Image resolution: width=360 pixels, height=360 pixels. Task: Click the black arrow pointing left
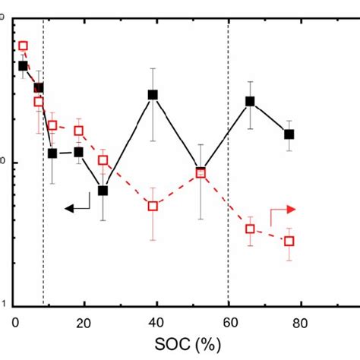pyautogui.click(x=77, y=205)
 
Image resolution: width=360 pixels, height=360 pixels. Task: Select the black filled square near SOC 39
pyautogui.click(x=153, y=95)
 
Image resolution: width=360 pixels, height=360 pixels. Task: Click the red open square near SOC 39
pyautogui.click(x=153, y=206)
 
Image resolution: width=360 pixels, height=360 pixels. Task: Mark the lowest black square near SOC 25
pyautogui.click(x=103, y=191)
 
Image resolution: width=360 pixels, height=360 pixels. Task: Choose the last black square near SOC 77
pyautogui.click(x=289, y=134)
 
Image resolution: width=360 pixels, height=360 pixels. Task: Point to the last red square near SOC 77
pyautogui.click(x=289, y=241)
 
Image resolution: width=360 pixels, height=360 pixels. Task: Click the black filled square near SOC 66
pyautogui.click(x=250, y=101)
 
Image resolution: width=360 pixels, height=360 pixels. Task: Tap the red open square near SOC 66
pyautogui.click(x=250, y=229)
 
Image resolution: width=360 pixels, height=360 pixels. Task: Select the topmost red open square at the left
pyautogui.click(x=23, y=46)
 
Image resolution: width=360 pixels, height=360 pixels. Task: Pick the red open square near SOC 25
pyautogui.click(x=103, y=160)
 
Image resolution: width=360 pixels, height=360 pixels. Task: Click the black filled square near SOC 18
pyautogui.click(x=78, y=152)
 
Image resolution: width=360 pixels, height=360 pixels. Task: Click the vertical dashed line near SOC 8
pyautogui.click(x=43, y=228)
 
